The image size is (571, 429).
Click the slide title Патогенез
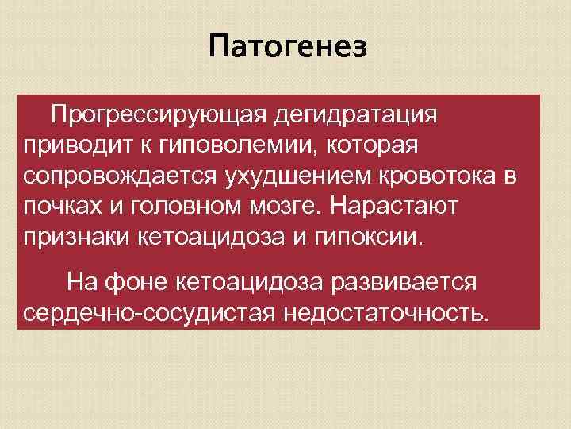pyautogui.click(x=289, y=48)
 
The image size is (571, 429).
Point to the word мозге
pyautogui.click(x=288, y=206)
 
